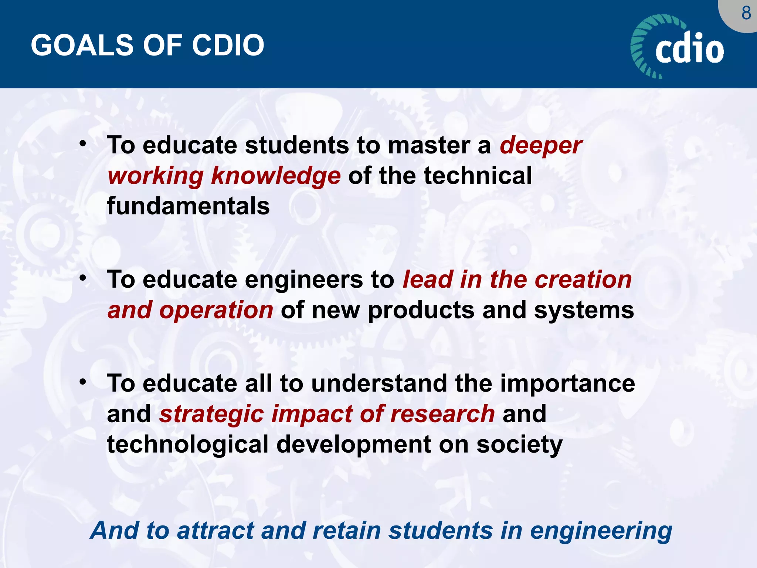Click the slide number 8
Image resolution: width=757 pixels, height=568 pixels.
[746, 14]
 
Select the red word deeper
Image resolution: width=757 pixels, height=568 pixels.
[541, 146]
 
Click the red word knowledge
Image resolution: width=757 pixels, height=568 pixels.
[276, 176]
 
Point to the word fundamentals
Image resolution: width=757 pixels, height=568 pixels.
[188, 206]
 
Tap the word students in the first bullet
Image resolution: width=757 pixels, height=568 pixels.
[297, 145]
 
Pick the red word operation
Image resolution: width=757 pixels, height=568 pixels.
[216, 310]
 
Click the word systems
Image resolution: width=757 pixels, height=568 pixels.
[584, 310]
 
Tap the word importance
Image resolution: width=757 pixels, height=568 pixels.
[567, 383]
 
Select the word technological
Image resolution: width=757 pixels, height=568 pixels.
[187, 444]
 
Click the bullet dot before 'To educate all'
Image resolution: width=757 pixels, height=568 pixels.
[83, 381]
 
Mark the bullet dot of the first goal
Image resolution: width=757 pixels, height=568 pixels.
[83, 143]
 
